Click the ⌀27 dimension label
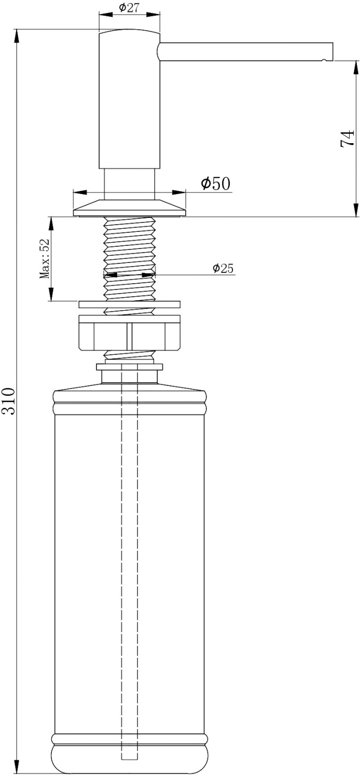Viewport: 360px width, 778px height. [x=129, y=8]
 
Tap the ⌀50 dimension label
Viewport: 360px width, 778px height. [x=216, y=183]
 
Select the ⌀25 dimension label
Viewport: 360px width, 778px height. [x=223, y=268]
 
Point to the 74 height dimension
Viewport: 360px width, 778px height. [x=347, y=138]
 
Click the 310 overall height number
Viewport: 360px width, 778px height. [x=8, y=401]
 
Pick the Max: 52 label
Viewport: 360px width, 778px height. [x=45, y=259]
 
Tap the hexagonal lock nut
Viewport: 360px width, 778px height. [x=129, y=336]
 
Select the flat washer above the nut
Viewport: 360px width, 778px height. [x=129, y=304]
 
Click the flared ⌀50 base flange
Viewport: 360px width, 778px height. [x=129, y=208]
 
